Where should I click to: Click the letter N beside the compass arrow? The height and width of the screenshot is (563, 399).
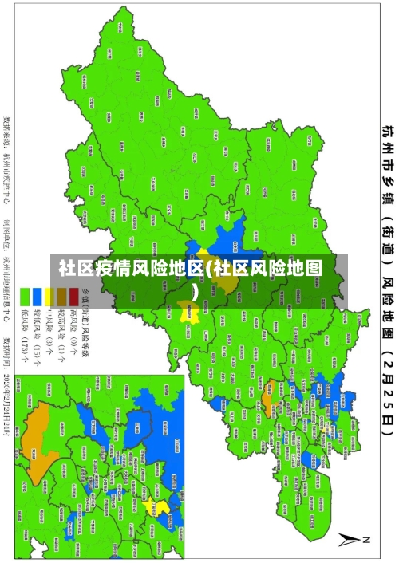click(x=368, y=540)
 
